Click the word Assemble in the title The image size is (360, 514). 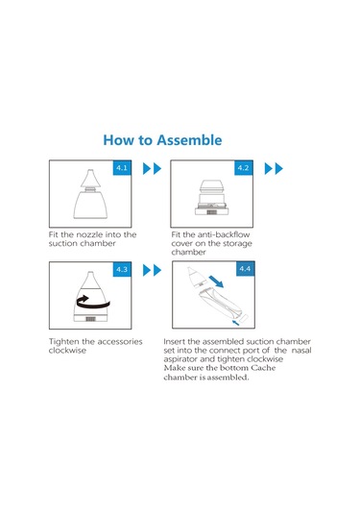[189, 140]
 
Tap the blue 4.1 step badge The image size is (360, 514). [122, 168]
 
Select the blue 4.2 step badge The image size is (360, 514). [244, 168]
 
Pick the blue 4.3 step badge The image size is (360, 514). [122, 269]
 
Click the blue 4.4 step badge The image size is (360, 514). [246, 268]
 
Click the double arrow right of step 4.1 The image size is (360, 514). [153, 168]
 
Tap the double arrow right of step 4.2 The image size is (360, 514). [274, 168]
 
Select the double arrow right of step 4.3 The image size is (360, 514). [153, 270]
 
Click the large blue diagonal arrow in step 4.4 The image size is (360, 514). [216, 281]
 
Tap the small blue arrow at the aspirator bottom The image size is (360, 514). [235, 323]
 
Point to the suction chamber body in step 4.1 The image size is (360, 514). [90, 205]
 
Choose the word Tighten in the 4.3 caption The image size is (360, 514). [64, 342]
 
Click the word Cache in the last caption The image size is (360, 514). [263, 368]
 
